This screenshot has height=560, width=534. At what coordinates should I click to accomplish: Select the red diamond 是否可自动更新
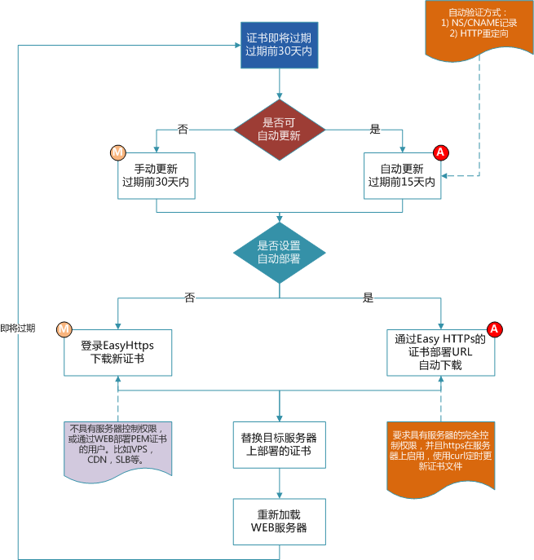(279, 129)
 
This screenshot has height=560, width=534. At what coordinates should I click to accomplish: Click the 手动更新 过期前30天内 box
(156, 175)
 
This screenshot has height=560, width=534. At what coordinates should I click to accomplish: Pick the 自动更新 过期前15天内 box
(402, 175)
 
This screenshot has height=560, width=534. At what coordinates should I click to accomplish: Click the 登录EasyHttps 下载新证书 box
(118, 352)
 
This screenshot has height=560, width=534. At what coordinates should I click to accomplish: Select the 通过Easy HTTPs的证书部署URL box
(440, 352)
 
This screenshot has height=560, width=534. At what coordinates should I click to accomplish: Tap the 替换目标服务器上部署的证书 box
(280, 444)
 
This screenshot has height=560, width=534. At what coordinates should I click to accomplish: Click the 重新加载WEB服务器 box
(280, 521)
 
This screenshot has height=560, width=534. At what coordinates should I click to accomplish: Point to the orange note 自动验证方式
(478, 29)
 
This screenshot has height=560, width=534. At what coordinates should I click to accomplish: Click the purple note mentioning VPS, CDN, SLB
(117, 448)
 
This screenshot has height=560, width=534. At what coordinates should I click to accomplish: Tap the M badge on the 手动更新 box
(117, 152)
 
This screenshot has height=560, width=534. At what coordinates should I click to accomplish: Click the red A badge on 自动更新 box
(441, 152)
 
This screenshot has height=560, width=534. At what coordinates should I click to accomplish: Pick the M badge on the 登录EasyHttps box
(64, 329)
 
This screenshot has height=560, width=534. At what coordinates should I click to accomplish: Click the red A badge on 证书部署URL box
(494, 329)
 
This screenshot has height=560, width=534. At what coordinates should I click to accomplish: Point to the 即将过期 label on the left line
(18, 328)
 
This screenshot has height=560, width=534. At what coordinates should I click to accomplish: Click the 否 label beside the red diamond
(183, 129)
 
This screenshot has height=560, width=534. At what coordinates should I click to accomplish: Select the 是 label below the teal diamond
(368, 298)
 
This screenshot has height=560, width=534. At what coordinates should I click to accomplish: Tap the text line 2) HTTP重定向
(478, 35)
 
